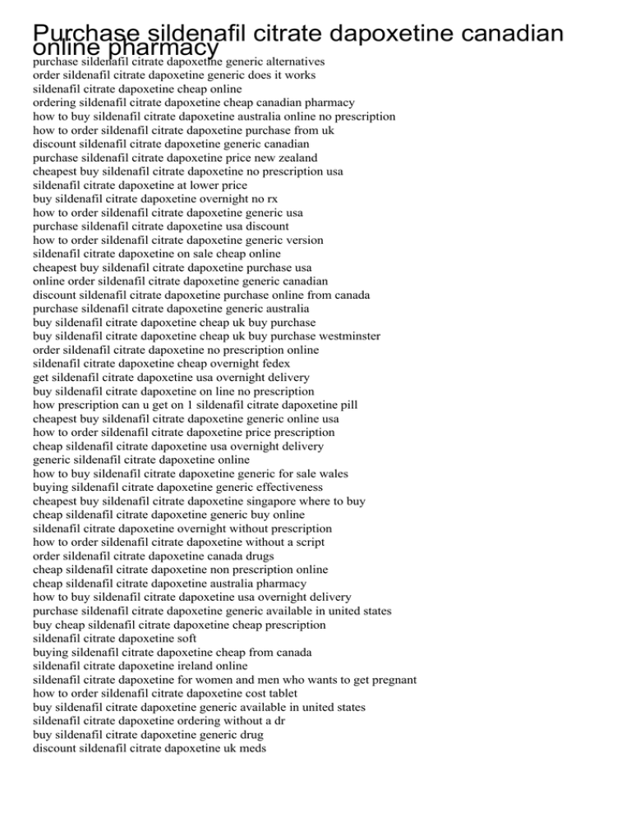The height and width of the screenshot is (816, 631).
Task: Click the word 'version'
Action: [301, 240]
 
